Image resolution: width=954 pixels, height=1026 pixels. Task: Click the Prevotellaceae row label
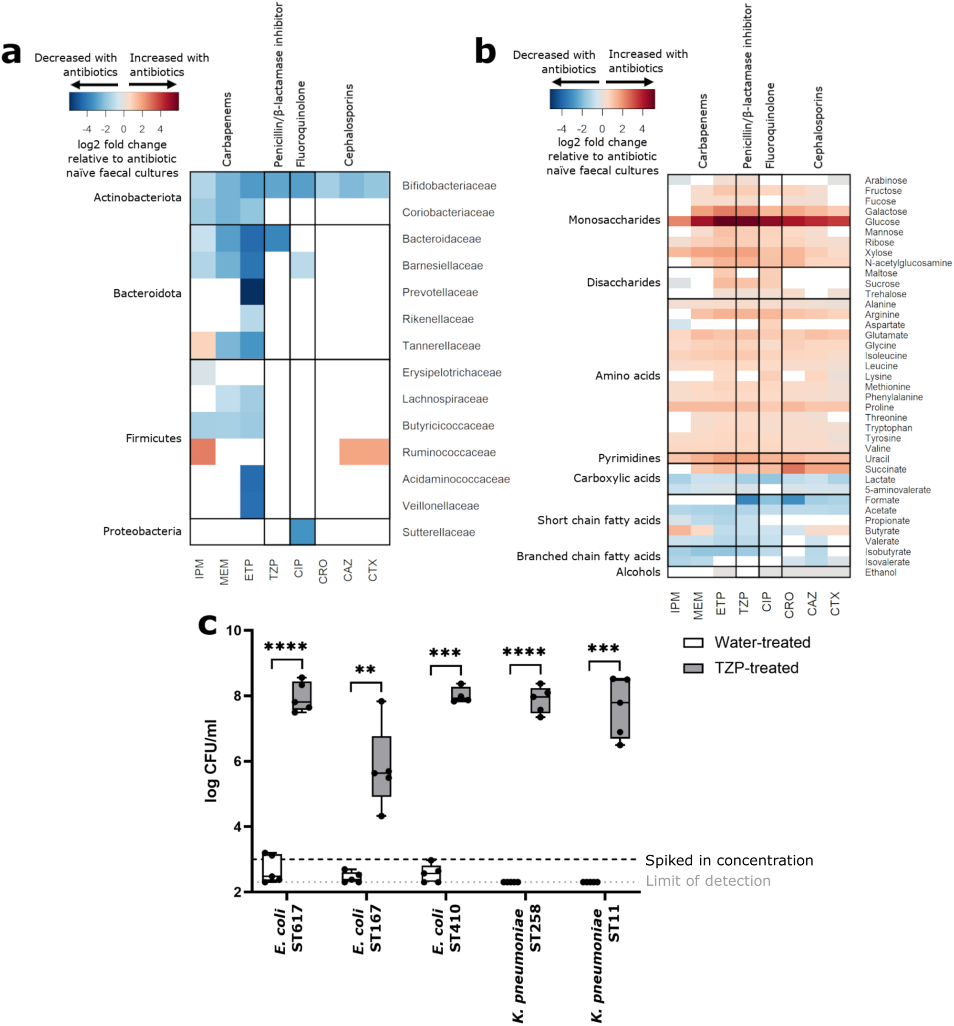(440, 292)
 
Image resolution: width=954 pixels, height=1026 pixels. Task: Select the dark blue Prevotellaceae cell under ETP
(252, 292)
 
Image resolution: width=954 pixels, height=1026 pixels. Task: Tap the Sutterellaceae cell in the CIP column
(302, 532)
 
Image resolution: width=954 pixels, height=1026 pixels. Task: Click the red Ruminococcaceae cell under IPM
(203, 451)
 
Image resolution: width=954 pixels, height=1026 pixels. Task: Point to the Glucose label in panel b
(882, 222)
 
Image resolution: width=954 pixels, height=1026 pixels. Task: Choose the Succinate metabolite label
(885, 469)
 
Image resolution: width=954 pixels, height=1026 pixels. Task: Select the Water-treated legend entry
(762, 642)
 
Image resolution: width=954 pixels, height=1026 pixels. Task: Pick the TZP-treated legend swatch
(693, 669)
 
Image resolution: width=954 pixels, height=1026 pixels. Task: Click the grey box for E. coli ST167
(381, 766)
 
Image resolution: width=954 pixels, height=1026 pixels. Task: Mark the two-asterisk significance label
(365, 670)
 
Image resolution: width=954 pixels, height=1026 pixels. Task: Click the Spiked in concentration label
(728, 860)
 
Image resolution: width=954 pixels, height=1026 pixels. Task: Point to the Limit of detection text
(708, 880)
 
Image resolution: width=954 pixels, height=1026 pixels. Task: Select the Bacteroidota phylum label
(147, 293)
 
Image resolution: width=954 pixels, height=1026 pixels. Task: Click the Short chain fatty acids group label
(598, 520)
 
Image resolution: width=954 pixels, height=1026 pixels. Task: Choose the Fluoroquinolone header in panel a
(301, 124)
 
